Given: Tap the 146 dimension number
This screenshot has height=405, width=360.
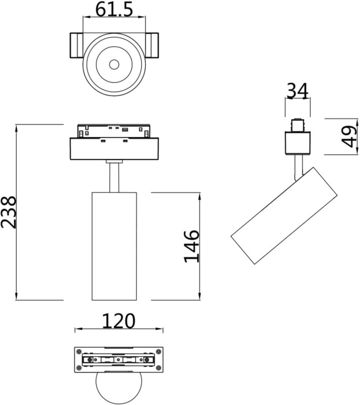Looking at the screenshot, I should [192, 246].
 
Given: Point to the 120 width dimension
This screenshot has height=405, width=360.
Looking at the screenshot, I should [118, 321].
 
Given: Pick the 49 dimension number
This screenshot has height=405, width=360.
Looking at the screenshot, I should [349, 137].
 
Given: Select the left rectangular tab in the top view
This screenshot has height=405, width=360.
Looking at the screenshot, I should [77, 46].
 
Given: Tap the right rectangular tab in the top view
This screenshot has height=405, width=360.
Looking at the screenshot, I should [152, 46].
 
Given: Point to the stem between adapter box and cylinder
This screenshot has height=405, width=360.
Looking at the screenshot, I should [115, 176].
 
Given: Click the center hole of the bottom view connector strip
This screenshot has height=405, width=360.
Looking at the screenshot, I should [119, 360].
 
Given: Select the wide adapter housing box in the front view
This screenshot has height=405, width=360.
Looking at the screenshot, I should [115, 149].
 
